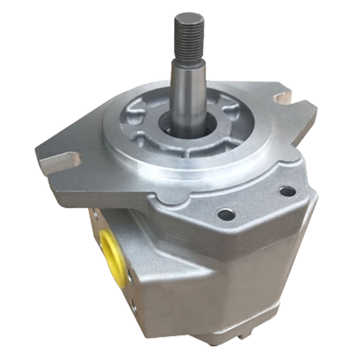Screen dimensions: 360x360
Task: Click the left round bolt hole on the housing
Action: click(x=226, y=214)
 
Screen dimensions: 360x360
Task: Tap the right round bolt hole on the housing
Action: click(x=287, y=191)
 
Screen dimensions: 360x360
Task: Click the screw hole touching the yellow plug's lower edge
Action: click(x=130, y=275)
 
